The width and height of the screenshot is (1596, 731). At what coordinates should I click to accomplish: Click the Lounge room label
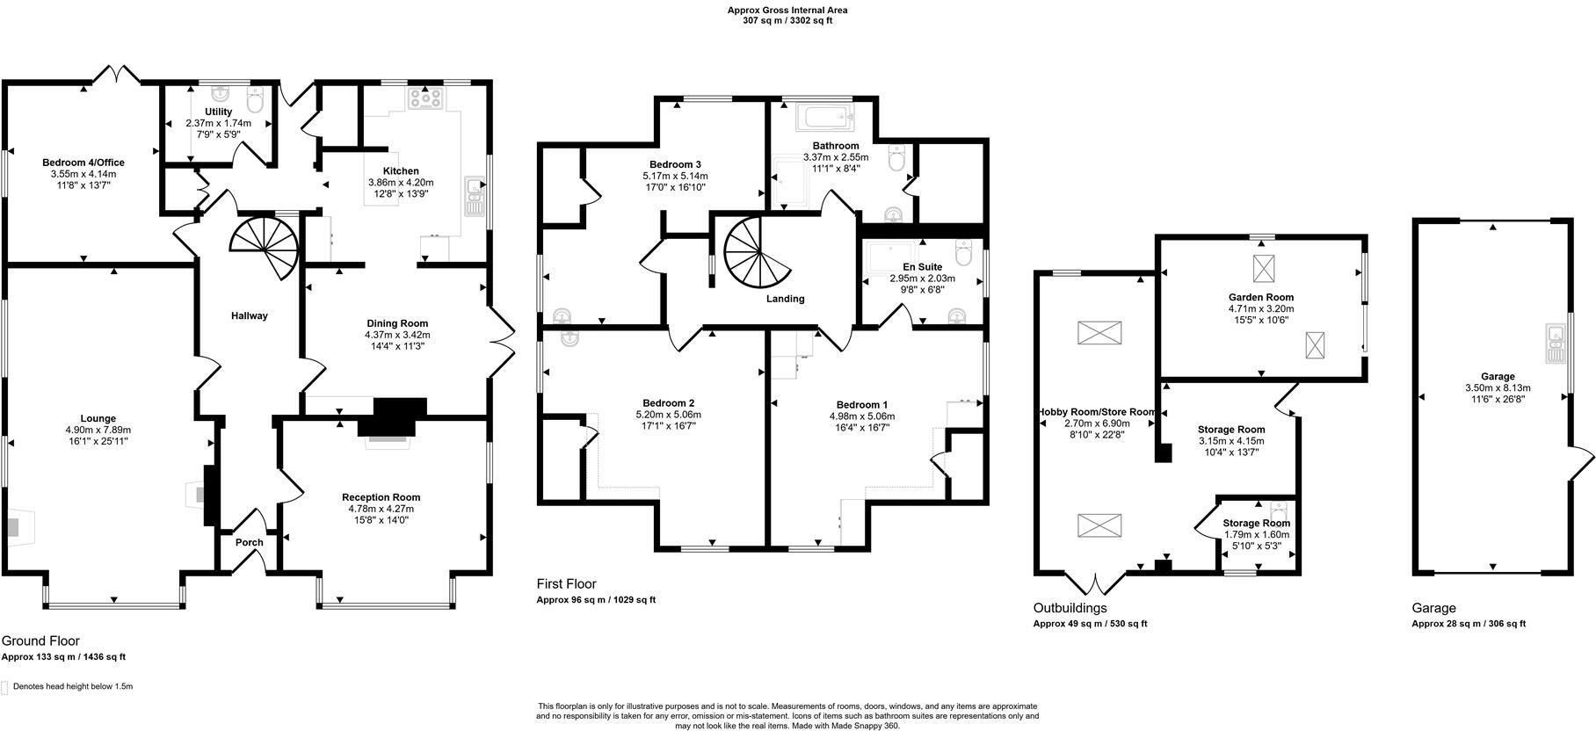pyautogui.click(x=91, y=419)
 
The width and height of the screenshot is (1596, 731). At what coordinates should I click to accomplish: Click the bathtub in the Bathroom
pyautogui.click(x=822, y=116)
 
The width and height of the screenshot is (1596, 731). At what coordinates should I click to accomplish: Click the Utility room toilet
pyautogui.click(x=256, y=102)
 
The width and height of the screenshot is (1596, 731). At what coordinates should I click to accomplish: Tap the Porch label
pyautogui.click(x=250, y=542)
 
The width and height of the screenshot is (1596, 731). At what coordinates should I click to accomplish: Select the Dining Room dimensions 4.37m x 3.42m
pyautogui.click(x=397, y=335)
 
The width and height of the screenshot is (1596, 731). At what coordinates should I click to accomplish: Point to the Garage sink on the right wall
pyautogui.click(x=1555, y=344)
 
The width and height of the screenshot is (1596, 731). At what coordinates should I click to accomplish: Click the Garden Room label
pyautogui.click(x=1260, y=298)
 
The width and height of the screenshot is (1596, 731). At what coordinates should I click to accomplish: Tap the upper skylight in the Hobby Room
pyautogui.click(x=1099, y=333)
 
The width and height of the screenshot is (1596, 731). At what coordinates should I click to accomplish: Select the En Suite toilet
pyautogui.click(x=963, y=256)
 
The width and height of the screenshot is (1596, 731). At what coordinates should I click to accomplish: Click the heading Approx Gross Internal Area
pyautogui.click(x=787, y=11)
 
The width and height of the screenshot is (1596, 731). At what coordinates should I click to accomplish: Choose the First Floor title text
pyautogui.click(x=566, y=584)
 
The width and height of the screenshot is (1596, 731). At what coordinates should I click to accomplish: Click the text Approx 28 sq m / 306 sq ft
pyautogui.click(x=1469, y=624)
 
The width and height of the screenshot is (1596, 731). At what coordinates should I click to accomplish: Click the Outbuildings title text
pyautogui.click(x=1070, y=608)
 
